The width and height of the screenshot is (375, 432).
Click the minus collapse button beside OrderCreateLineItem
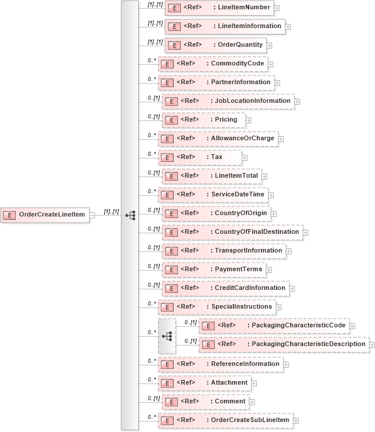click(92, 215)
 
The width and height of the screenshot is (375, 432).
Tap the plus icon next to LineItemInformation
click(288, 26)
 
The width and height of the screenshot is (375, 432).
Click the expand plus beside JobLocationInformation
click(297, 101)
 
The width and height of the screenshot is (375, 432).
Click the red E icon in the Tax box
click(167, 158)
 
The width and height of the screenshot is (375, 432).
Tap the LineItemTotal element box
click(211, 176)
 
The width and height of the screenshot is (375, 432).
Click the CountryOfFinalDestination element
click(232, 232)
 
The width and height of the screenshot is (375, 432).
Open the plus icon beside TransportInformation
click(289, 251)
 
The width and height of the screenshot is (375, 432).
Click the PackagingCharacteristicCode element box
click(274, 326)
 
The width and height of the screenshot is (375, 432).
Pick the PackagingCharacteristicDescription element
click(284, 345)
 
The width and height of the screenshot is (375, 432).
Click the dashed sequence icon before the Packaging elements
click(167, 336)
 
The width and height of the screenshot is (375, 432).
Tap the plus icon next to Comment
click(252, 402)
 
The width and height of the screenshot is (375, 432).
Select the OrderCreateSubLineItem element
click(225, 420)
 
